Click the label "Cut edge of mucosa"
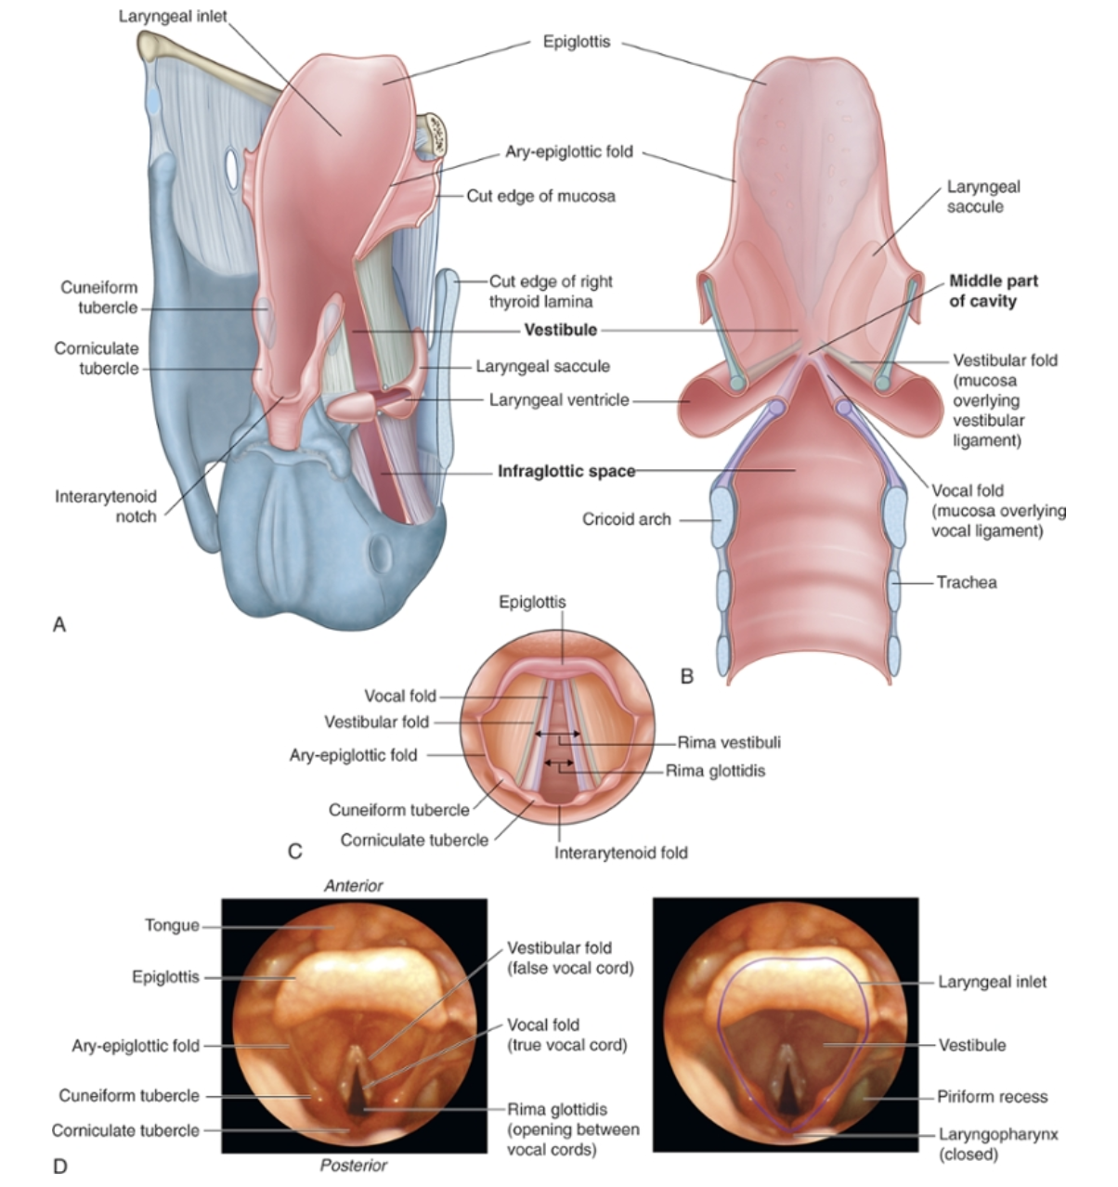[x=540, y=196]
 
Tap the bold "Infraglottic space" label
[x=566, y=471]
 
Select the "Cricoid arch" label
[x=626, y=519]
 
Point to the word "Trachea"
[x=966, y=582]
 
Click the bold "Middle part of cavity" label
[x=993, y=291]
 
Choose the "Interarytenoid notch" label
[x=105, y=506]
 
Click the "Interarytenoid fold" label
[x=620, y=852]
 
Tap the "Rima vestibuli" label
[x=728, y=742]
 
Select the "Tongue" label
[x=172, y=925]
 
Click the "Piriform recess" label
[x=992, y=1097]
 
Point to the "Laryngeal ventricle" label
[x=559, y=400]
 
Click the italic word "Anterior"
[x=353, y=886]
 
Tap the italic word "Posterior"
[x=353, y=1166]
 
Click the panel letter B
[x=686, y=676]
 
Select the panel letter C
[x=294, y=851]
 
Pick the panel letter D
[x=60, y=1166]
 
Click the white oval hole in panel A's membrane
[x=232, y=166]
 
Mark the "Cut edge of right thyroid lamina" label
[x=551, y=291]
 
